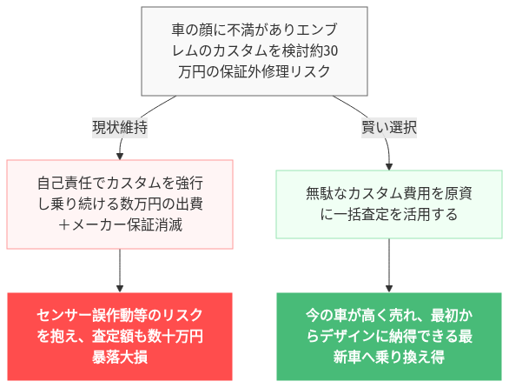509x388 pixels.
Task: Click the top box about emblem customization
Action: [254, 50]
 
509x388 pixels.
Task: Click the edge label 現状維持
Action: [120, 126]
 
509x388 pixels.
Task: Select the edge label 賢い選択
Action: [389, 126]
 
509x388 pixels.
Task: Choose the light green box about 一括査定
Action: [388, 204]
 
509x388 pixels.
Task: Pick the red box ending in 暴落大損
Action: [120, 336]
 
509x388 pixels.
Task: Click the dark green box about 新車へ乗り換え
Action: [388, 336]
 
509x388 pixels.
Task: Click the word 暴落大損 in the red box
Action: [120, 357]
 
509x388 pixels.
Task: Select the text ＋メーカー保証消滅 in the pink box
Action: [120, 224]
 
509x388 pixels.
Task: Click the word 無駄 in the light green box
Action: [320, 193]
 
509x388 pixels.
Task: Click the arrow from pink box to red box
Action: [120, 270]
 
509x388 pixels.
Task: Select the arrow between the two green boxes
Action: [388, 265]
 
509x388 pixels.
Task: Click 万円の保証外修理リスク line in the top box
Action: [254, 71]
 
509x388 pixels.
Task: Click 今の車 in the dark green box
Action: [325, 315]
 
